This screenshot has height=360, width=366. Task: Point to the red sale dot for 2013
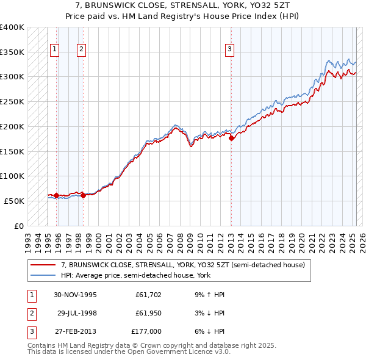pyautogui.click(x=231, y=139)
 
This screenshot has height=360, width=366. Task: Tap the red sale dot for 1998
pyautogui.click(x=83, y=195)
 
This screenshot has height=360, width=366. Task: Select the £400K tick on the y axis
pyautogui.click(x=12, y=27)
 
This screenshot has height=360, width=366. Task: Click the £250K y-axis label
pyautogui.click(x=12, y=102)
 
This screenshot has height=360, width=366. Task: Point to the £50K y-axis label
pyautogui.click(x=15, y=201)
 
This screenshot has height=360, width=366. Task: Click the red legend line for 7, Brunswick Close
pyautogui.click(x=44, y=265)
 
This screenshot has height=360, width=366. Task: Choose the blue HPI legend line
pyautogui.click(x=44, y=275)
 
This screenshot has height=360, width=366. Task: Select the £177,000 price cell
pyautogui.click(x=146, y=331)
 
